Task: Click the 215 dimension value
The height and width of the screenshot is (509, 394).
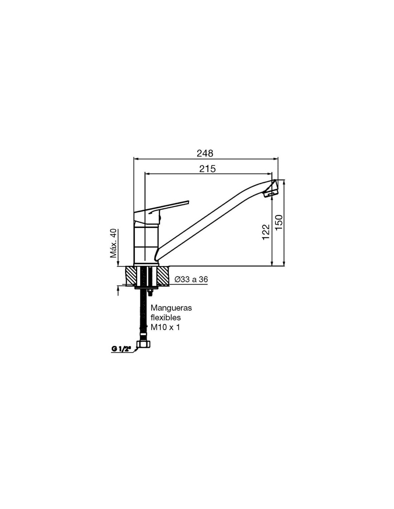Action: [207, 169]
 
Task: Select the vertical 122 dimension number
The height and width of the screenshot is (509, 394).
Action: [266, 232]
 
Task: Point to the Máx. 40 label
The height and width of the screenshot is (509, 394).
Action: [114, 243]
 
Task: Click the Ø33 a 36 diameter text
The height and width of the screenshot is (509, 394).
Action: [191, 280]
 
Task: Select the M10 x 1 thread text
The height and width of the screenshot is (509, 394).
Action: [165, 327]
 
